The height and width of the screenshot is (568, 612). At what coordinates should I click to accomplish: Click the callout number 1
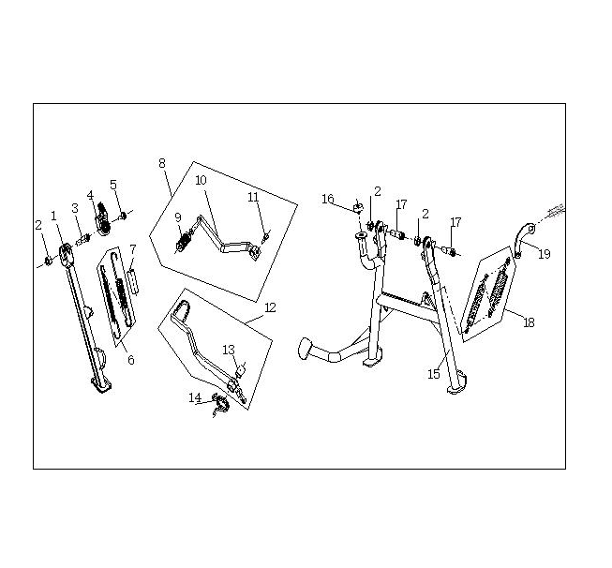click(53, 216)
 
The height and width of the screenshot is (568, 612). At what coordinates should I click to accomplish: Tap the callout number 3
click(75, 208)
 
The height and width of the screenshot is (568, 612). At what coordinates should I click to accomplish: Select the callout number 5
click(113, 185)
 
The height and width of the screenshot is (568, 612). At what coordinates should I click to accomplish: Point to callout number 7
click(133, 249)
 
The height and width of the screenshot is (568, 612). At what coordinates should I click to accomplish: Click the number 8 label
click(162, 163)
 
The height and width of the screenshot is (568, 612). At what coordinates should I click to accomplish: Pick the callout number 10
click(201, 180)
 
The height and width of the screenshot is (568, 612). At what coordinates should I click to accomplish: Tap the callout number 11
click(253, 197)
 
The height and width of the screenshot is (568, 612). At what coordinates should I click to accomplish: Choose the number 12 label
click(270, 307)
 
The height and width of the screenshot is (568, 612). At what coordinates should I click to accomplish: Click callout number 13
click(229, 350)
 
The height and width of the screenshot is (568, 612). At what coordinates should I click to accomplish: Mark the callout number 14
click(195, 397)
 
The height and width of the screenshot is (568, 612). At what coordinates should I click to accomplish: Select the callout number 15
click(434, 374)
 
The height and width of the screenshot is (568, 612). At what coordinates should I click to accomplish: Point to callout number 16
click(328, 199)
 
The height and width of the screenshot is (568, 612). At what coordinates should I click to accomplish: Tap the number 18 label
click(529, 322)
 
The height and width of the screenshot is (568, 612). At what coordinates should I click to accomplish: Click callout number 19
click(545, 254)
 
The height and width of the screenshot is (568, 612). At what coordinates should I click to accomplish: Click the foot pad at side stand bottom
click(102, 385)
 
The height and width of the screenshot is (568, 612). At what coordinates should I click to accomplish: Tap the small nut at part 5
click(123, 215)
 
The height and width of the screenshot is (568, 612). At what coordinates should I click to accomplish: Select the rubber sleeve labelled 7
click(133, 280)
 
